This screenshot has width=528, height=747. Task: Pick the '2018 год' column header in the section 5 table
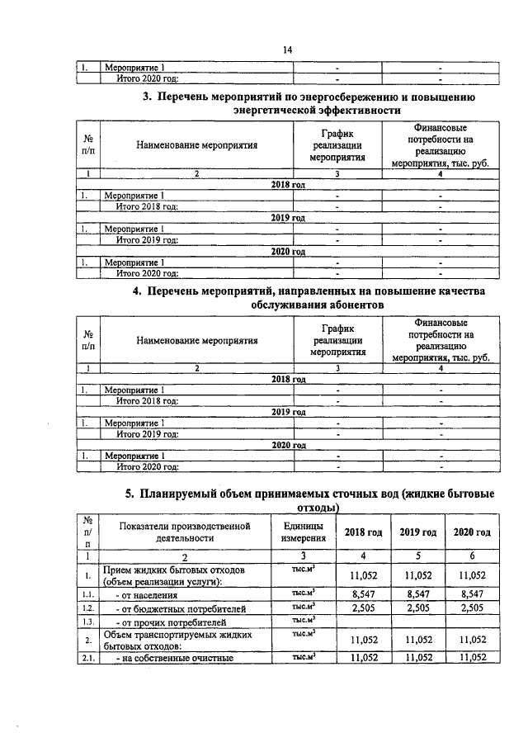point(363,532)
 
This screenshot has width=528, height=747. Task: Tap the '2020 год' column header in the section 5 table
point(472,532)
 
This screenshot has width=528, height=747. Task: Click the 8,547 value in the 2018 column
point(363,593)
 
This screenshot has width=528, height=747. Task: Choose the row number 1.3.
point(88,622)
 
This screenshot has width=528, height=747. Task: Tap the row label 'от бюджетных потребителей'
point(177,608)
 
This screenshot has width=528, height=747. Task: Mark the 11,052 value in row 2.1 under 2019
point(417,658)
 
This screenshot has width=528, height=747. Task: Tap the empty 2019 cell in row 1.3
point(417,622)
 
